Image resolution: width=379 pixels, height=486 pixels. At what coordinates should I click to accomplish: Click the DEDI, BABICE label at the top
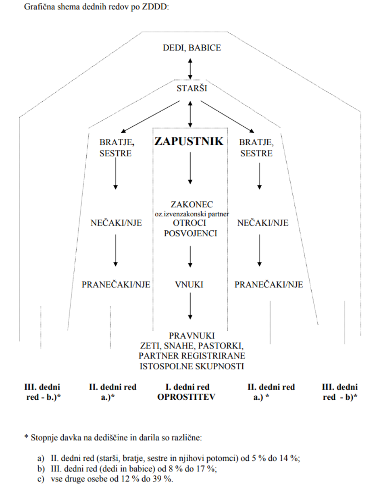click(192, 48)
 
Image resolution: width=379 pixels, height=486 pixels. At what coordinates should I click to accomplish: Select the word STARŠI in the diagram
click(192, 89)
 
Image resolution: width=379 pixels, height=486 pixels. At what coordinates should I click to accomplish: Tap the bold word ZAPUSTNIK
click(188, 141)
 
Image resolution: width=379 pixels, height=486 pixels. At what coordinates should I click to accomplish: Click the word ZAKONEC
click(192, 204)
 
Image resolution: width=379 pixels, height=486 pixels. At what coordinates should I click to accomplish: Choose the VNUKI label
click(189, 285)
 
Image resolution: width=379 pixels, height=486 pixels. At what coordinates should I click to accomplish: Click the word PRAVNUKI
click(192, 336)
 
